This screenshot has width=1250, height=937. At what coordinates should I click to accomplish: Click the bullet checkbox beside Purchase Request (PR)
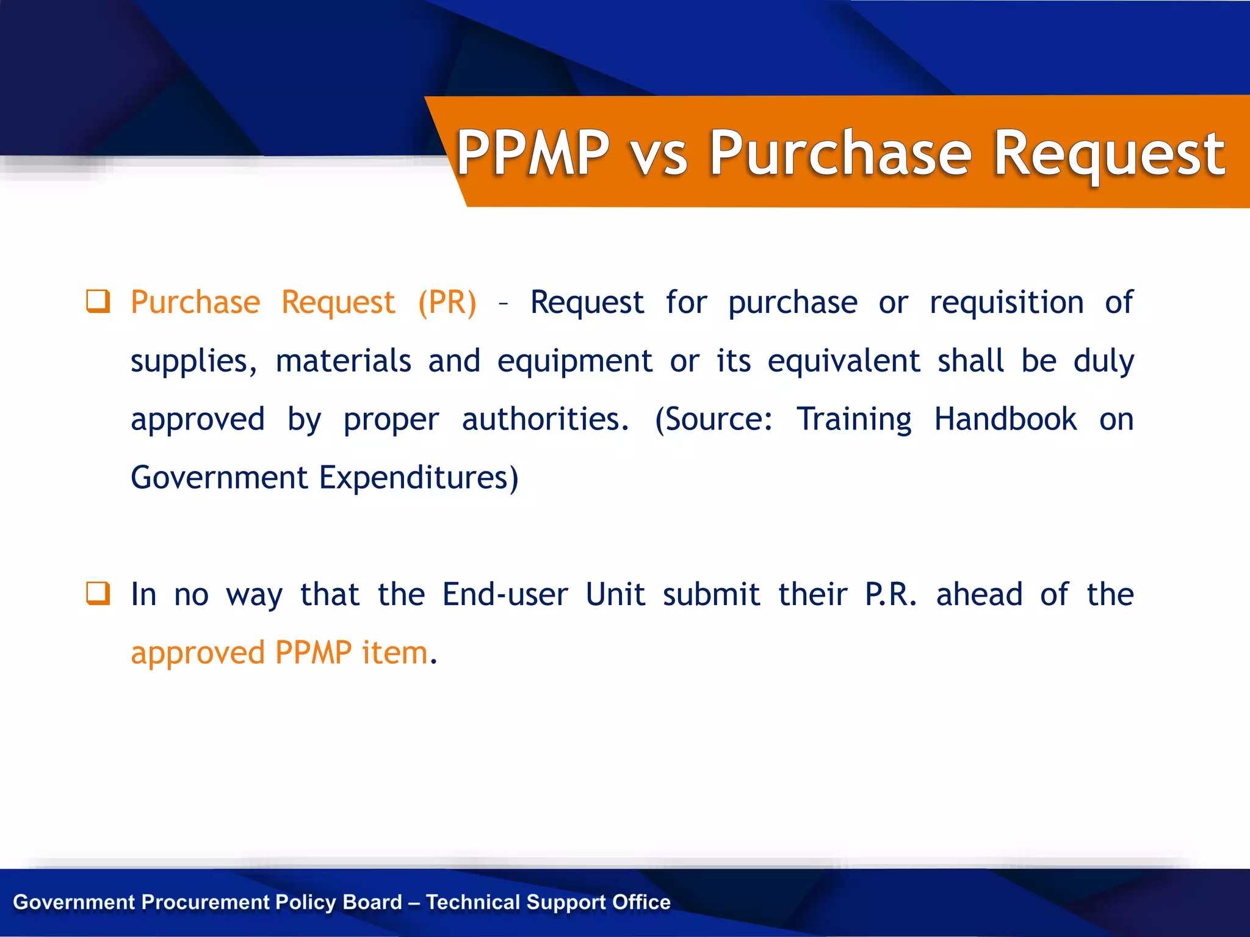click(98, 301)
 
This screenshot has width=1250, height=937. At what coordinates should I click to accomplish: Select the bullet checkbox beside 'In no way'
click(98, 594)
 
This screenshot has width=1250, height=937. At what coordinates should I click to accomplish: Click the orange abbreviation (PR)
click(447, 303)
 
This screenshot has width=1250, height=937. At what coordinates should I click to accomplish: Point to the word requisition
click(1006, 303)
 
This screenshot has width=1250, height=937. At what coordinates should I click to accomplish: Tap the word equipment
click(574, 361)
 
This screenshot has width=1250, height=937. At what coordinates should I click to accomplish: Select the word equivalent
click(844, 361)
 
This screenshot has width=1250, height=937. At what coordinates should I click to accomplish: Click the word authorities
click(544, 420)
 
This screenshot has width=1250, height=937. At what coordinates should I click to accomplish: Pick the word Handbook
click(1005, 420)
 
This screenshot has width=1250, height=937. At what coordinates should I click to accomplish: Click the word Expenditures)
click(419, 478)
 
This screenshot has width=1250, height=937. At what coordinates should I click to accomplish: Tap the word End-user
click(505, 595)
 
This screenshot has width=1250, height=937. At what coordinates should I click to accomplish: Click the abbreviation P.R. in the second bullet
click(891, 595)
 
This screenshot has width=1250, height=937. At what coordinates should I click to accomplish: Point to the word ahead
click(979, 595)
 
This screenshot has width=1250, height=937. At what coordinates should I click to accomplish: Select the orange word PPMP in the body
click(313, 653)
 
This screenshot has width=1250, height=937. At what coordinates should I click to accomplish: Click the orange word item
click(395, 653)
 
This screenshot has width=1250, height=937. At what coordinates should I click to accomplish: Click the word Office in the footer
click(641, 902)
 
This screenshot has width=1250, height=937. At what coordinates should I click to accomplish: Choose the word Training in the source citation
click(854, 420)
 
